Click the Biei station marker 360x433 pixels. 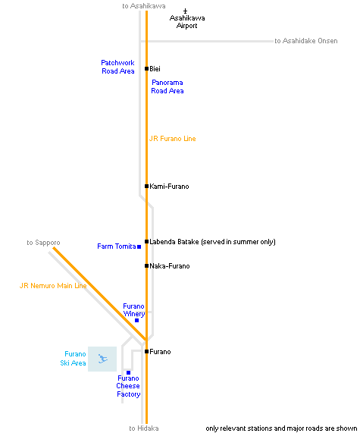[x=146, y=68]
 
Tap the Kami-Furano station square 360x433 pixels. [x=146, y=186]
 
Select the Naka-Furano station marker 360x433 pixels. [x=146, y=265]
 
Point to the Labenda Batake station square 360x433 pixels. [x=146, y=241]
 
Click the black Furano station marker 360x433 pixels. [x=146, y=351]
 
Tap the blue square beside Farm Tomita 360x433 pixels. [x=139, y=246]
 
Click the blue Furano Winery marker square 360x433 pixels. [x=136, y=320]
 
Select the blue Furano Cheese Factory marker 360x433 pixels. [x=128, y=372]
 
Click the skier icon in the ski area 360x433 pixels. [x=103, y=359]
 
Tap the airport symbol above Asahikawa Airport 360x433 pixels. [x=185, y=11]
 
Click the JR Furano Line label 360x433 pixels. [x=173, y=139]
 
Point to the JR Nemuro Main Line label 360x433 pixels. [x=53, y=286]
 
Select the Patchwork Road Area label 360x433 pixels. [x=118, y=67]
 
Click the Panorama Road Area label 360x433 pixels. [x=167, y=86]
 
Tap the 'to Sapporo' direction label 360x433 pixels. [x=43, y=243]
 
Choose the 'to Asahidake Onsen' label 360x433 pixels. [x=306, y=41]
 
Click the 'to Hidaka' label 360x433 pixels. [x=144, y=428]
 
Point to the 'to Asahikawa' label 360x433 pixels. [x=144, y=6]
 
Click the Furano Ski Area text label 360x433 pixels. [x=74, y=359]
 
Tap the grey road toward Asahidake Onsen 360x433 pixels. [x=207, y=41]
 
